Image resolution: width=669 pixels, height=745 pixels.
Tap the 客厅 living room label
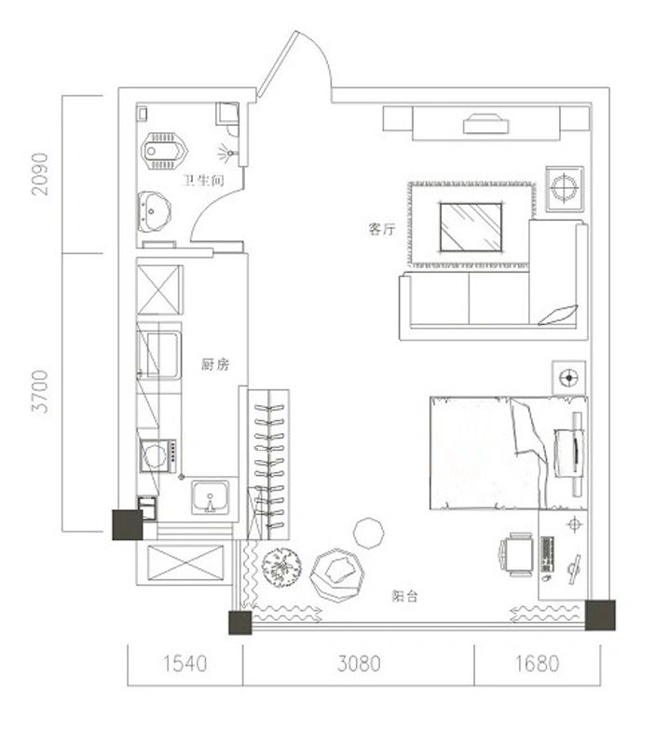point(382,229)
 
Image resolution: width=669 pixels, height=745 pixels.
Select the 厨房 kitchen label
point(214,365)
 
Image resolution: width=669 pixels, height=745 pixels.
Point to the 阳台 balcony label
point(404,597)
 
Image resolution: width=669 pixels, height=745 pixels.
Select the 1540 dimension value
point(184,664)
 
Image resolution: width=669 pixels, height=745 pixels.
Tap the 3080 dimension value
point(359,664)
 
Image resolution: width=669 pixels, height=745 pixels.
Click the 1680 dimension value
point(537,664)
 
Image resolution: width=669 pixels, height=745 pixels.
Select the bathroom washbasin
point(153,210)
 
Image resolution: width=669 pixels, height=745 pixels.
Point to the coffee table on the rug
point(471,226)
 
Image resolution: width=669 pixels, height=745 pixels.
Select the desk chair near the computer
point(515,555)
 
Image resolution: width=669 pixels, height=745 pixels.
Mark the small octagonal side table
point(368,534)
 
